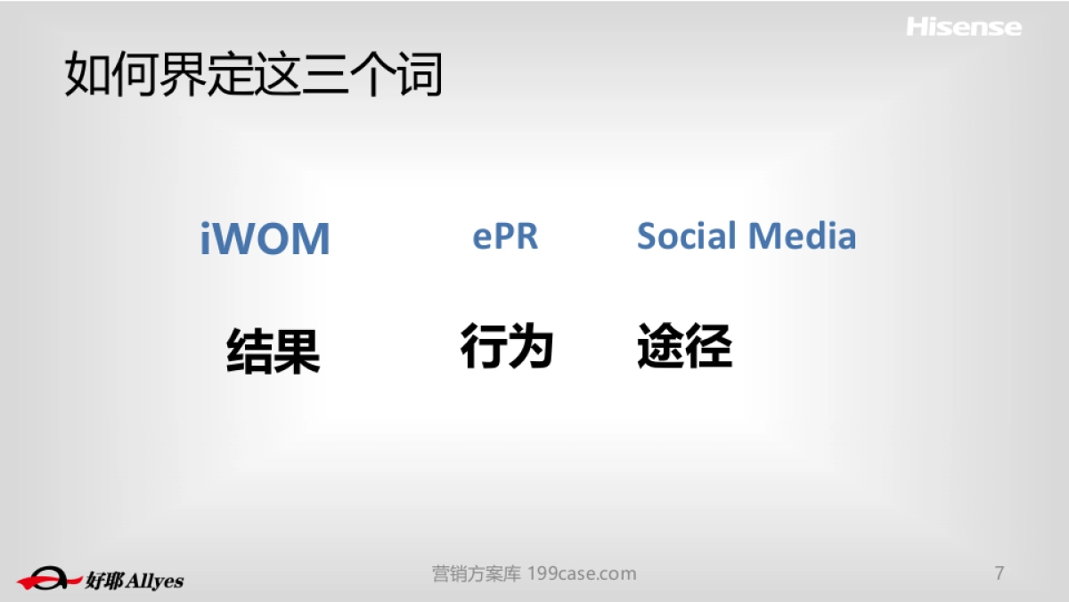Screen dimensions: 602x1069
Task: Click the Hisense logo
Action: click(x=964, y=27)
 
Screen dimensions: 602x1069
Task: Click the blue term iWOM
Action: click(x=265, y=239)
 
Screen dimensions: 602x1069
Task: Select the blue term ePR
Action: click(x=505, y=236)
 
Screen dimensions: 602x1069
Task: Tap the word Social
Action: click(x=686, y=235)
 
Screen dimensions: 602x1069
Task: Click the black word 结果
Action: click(x=273, y=350)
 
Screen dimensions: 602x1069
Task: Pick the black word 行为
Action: click(x=507, y=346)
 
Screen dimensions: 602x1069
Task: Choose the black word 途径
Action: click(x=684, y=346)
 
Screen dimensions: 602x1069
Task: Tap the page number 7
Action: click(x=1000, y=573)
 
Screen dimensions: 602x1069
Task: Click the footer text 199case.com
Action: click(x=582, y=573)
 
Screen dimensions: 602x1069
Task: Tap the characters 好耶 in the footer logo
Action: click(x=105, y=580)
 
